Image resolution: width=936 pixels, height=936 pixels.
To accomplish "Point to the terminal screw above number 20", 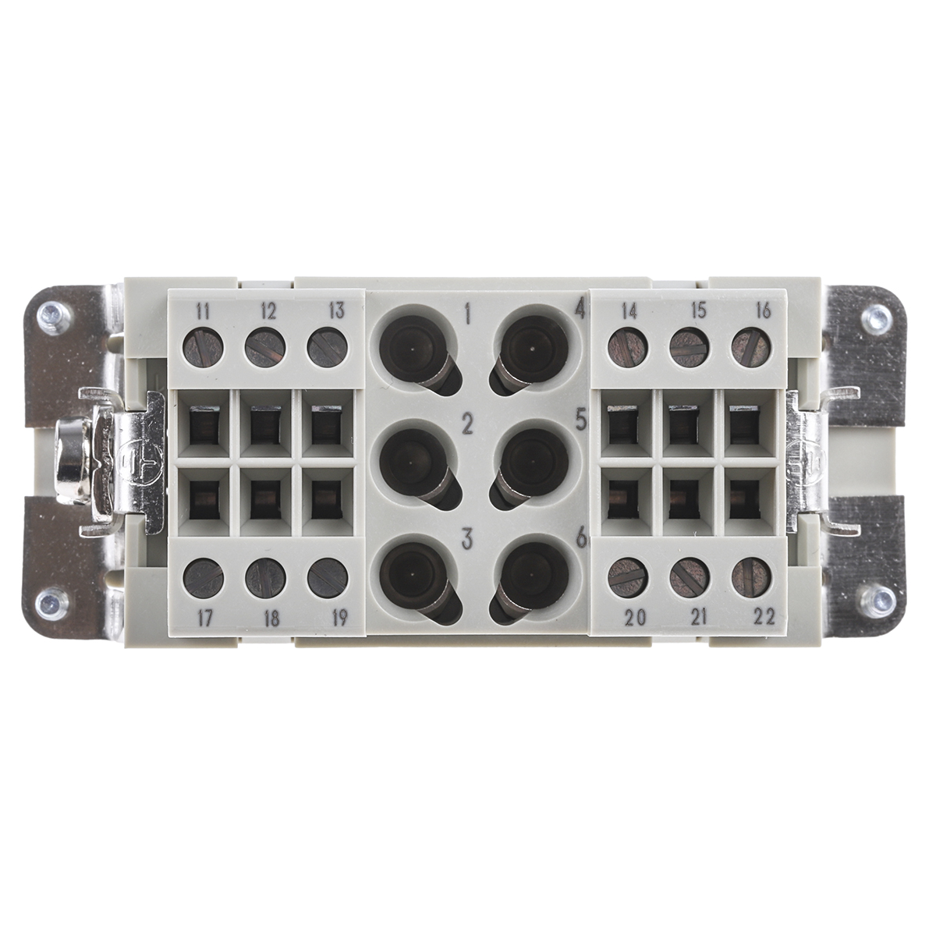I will tap(628, 577).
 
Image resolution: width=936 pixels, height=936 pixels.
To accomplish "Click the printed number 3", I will tap(467, 537).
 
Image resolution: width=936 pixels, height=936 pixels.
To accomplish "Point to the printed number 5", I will tap(580, 420).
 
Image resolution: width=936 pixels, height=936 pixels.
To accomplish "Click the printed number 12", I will tap(268, 312).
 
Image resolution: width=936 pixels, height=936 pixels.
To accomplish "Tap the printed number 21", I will tap(698, 617).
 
